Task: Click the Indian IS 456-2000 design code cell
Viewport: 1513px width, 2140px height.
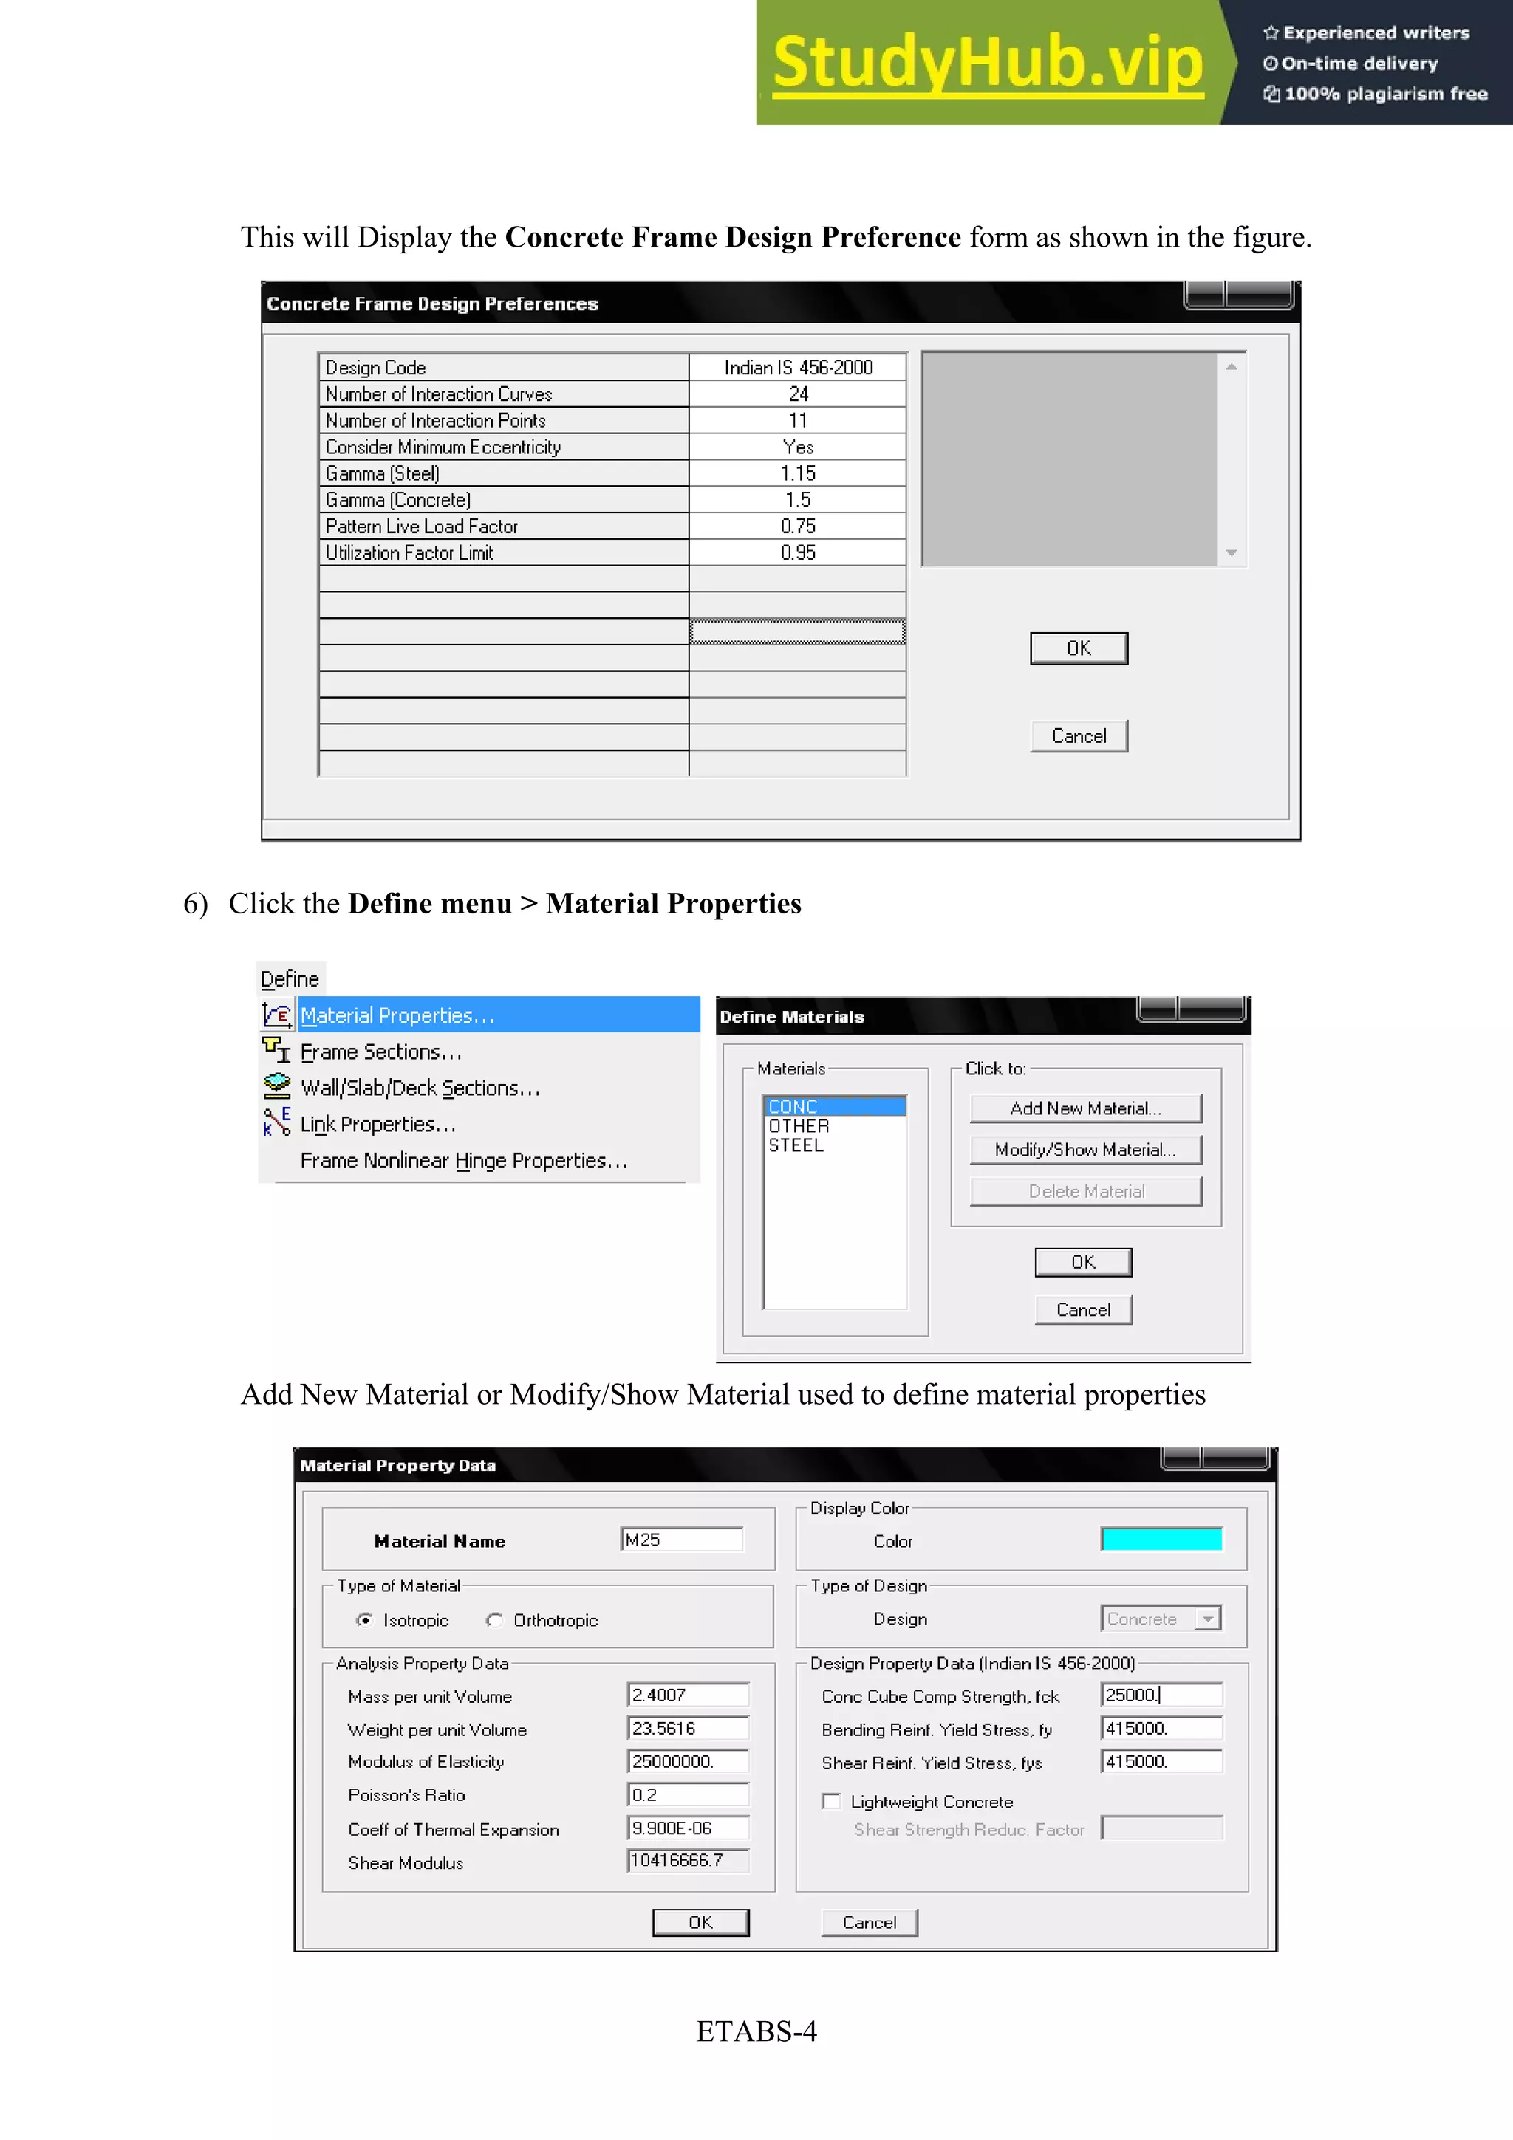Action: (x=798, y=367)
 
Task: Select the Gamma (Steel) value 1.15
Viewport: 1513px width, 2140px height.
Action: (x=798, y=473)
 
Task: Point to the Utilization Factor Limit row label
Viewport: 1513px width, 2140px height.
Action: (x=409, y=552)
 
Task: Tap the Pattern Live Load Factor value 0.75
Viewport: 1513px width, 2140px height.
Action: (x=798, y=527)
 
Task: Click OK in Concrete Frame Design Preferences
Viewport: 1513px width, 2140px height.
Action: (x=1079, y=648)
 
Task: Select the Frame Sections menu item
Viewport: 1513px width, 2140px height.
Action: (x=381, y=1052)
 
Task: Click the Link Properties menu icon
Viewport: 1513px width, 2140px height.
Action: (x=277, y=1122)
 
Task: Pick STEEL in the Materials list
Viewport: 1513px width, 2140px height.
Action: (x=796, y=1145)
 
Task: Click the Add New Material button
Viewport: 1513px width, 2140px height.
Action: (x=1085, y=1108)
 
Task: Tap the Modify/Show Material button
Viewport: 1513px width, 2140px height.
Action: (x=1085, y=1149)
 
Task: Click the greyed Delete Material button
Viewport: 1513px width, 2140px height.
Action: (x=1085, y=1191)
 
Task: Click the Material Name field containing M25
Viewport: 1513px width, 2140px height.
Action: (x=681, y=1540)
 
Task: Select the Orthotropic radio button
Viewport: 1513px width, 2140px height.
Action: (x=495, y=1620)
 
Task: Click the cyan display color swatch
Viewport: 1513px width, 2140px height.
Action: (x=1161, y=1539)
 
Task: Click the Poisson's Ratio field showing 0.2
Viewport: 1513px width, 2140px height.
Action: (x=688, y=1794)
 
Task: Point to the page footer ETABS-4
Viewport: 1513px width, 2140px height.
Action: (x=756, y=2031)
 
